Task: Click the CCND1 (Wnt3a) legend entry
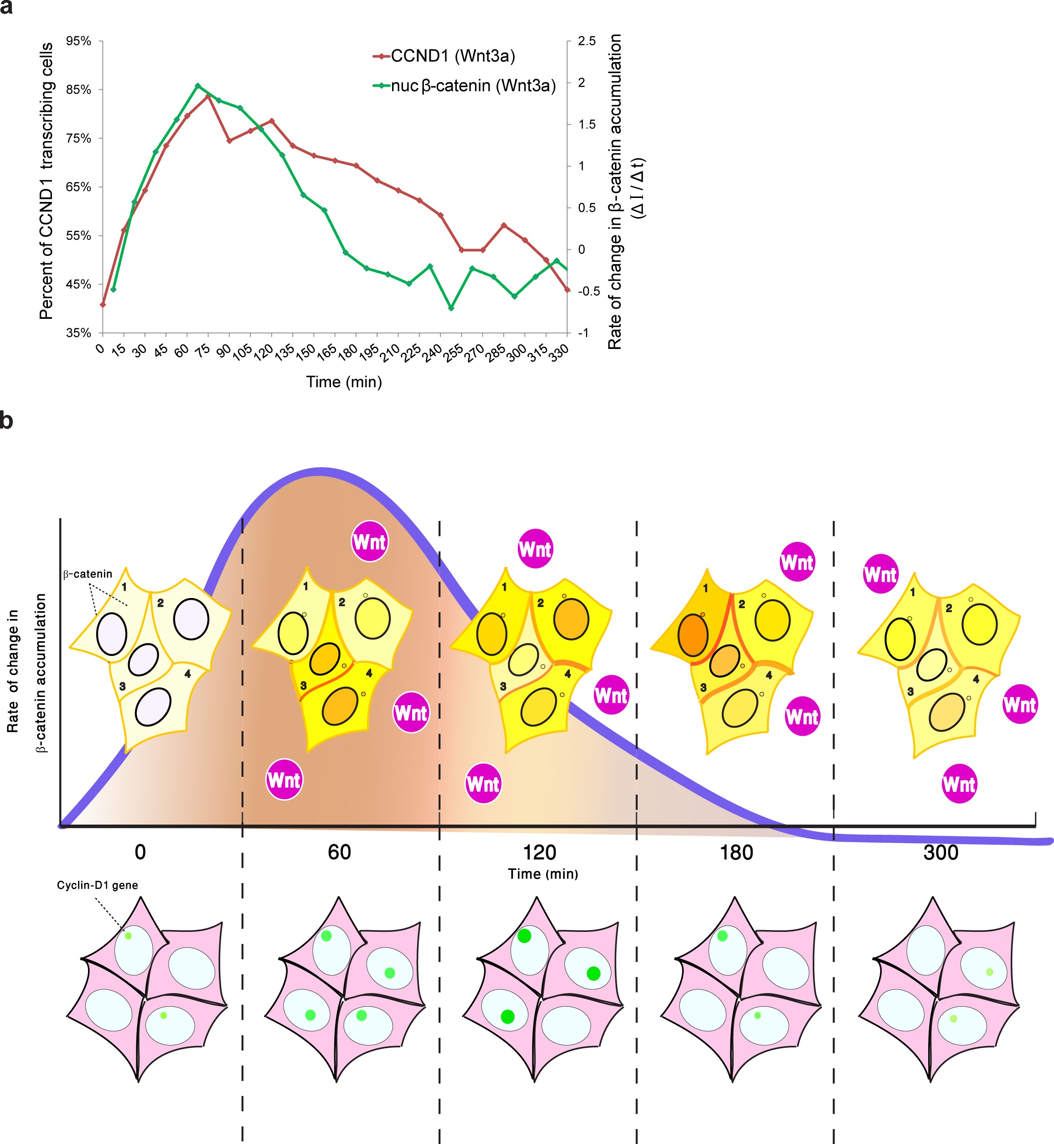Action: [x=445, y=56]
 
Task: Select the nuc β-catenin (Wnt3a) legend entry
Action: [x=465, y=86]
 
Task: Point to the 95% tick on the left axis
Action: [x=79, y=41]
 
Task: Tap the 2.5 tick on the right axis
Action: [x=586, y=41]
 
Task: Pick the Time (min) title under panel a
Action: [x=344, y=382]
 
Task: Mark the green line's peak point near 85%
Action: [x=198, y=86]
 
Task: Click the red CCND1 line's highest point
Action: [x=208, y=96]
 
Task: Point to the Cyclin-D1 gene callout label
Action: [x=97, y=885]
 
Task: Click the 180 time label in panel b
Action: [x=736, y=853]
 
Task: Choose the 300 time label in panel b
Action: [x=940, y=853]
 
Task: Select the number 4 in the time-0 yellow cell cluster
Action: [x=188, y=674]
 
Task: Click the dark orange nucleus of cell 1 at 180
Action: [x=693, y=635]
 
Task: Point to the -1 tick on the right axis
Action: [x=583, y=333]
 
